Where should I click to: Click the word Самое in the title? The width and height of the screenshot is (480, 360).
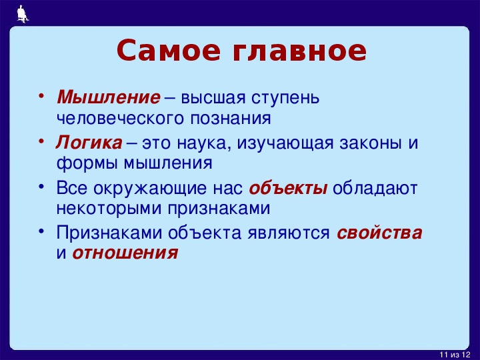tap(169, 50)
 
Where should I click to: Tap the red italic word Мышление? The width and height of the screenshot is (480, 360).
tap(109, 97)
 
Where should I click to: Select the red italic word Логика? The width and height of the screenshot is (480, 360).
tap(89, 143)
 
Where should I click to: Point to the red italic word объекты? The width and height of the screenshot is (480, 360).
tap(289, 187)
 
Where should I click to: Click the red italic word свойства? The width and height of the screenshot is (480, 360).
tap(379, 233)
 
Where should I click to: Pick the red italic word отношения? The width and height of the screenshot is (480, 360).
tap(125, 253)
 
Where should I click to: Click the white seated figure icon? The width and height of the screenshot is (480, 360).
tap(23, 14)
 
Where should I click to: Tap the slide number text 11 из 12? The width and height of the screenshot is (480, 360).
tap(455, 355)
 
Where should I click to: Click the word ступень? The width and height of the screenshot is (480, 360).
tap(285, 98)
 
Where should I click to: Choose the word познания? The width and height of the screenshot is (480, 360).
tap(231, 119)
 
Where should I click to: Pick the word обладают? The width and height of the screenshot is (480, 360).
tap(375, 188)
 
